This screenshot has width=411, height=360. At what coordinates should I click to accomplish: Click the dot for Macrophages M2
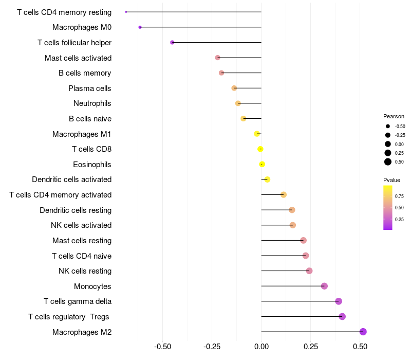[363, 332]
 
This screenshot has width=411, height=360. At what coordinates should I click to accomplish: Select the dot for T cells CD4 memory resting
[126, 12]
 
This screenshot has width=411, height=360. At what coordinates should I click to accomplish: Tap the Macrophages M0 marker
[140, 27]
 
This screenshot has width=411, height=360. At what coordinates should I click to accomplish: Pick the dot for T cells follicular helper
[172, 42]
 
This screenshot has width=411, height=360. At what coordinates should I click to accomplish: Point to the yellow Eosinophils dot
[262, 165]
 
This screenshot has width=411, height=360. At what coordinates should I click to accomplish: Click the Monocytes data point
[324, 286]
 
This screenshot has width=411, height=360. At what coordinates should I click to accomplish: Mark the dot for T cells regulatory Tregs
[342, 316]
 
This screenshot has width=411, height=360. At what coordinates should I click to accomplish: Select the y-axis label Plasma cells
[90, 88]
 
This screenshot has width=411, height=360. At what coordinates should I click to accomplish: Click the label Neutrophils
[92, 103]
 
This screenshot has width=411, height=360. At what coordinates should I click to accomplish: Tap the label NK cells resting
[85, 271]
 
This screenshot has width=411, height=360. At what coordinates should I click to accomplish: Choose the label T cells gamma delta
[78, 301]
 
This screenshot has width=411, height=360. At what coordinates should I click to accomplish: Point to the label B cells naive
[90, 119]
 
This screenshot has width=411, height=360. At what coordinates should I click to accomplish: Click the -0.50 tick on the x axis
[163, 347]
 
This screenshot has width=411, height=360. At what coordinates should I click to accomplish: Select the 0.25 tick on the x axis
[311, 347]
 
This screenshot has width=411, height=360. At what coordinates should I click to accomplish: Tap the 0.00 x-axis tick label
[261, 347]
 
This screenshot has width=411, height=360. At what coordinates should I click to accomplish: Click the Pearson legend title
[394, 116]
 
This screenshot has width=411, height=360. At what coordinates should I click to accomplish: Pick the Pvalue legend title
[391, 180]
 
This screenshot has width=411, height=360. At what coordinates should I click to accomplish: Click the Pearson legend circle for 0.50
[388, 162]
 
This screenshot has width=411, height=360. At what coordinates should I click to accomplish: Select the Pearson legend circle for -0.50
[388, 126]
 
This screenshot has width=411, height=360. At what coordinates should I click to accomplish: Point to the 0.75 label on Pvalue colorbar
[399, 196]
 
